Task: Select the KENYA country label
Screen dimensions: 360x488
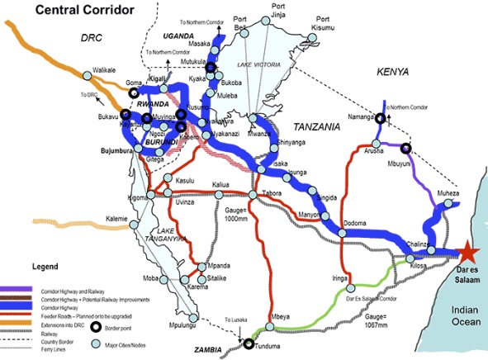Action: (x=393, y=73)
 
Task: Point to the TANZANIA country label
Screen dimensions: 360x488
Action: (x=316, y=127)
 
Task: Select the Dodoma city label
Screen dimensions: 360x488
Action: (x=355, y=223)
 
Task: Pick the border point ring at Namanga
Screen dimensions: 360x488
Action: (x=380, y=118)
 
